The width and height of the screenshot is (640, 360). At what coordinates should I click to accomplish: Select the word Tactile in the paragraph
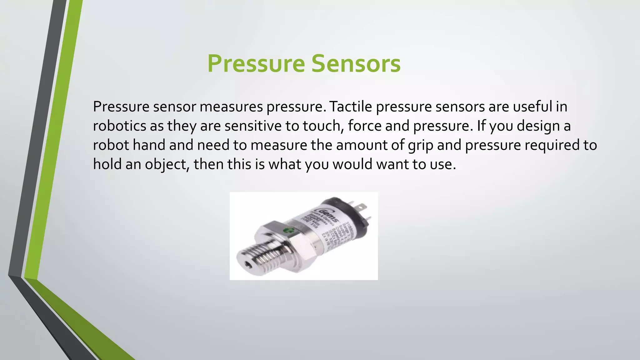(350, 107)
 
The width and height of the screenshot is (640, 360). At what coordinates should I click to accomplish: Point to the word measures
(231, 107)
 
